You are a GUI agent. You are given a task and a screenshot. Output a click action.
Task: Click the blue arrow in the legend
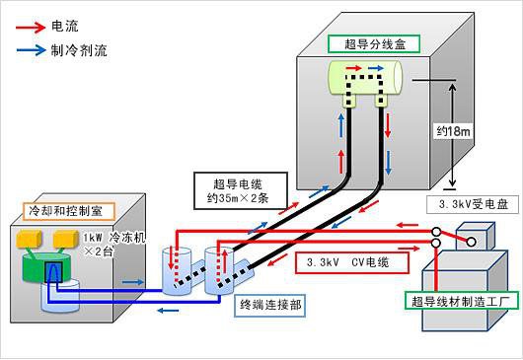(32, 46)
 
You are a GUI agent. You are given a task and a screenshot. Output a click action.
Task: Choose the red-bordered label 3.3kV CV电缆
(345, 263)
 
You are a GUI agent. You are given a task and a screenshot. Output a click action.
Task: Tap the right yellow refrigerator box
(67, 238)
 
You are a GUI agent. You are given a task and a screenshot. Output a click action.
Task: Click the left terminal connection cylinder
(178, 272)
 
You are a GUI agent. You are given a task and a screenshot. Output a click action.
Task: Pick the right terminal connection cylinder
(219, 266)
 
